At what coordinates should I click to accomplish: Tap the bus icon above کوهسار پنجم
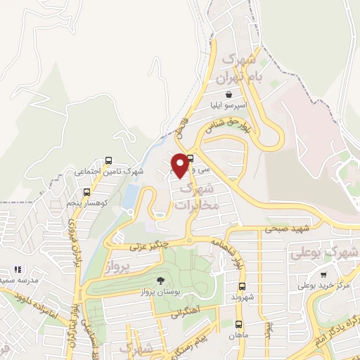86,191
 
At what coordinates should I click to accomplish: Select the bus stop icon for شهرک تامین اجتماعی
108,160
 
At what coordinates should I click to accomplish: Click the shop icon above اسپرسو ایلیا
228,94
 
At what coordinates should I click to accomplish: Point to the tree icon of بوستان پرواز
160,281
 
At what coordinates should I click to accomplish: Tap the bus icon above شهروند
242,286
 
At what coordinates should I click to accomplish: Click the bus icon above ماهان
238,324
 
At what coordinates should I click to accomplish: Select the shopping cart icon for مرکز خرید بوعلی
323,275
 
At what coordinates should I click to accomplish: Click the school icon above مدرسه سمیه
18,269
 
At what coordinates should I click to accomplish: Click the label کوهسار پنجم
85,202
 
